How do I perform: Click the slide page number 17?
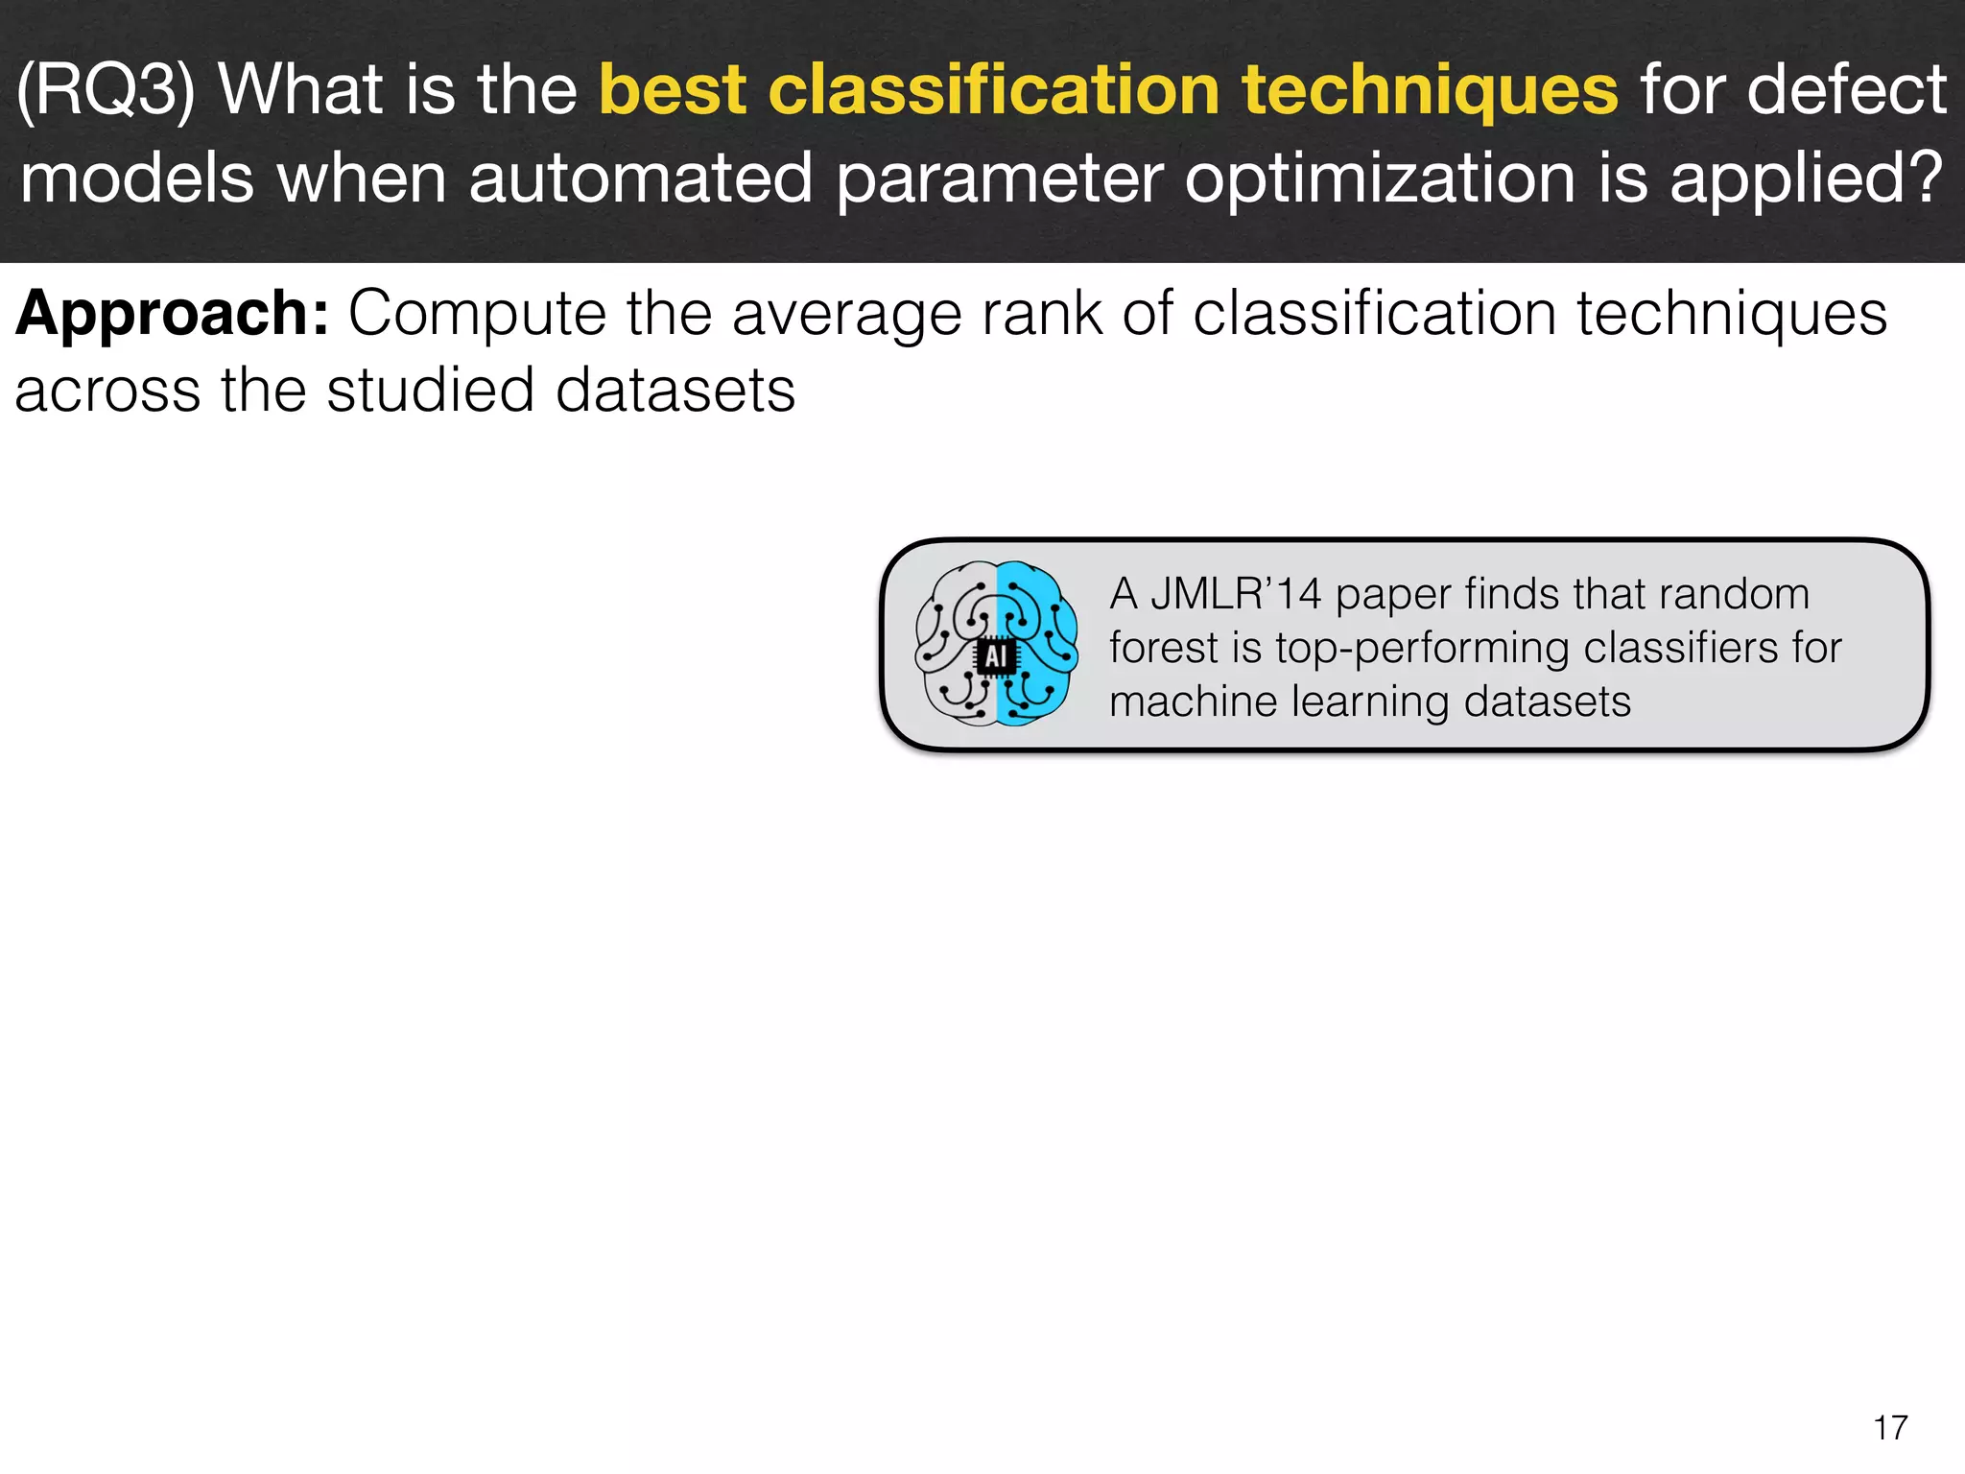click(1890, 1427)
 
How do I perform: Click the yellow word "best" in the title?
click(672, 90)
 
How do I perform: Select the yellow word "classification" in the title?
click(993, 90)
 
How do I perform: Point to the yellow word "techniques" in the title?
click(1430, 90)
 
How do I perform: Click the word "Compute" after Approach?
click(477, 314)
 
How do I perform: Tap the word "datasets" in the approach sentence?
click(675, 391)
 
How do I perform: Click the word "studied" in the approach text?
click(430, 391)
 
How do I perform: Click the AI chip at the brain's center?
click(996, 656)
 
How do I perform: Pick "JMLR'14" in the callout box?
click(1236, 594)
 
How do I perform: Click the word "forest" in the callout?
click(1163, 648)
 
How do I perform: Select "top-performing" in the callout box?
click(1422, 649)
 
